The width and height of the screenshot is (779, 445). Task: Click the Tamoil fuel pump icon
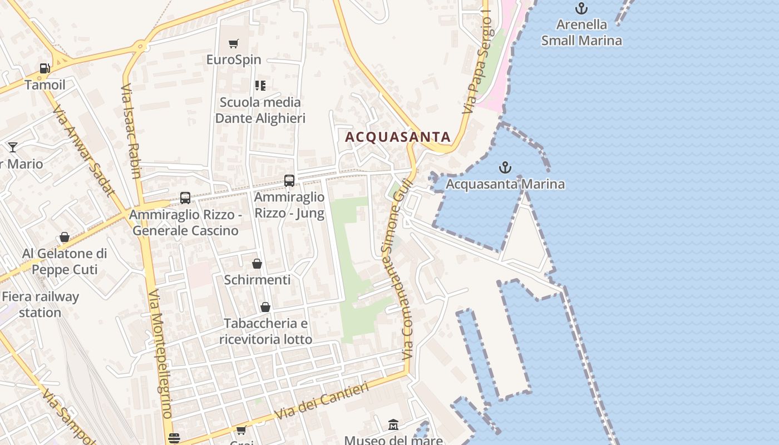point(45,68)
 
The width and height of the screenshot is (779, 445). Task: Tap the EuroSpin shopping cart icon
point(234,43)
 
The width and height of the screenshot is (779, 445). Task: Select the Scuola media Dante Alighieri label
point(260,110)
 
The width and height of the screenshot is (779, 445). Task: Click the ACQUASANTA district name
point(398,137)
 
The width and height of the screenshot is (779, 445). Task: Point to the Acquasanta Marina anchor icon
point(505,167)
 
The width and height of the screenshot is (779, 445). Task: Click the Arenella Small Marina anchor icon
point(581,8)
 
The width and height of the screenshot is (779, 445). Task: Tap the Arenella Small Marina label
point(581,32)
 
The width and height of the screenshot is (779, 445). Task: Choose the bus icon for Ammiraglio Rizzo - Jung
point(289,180)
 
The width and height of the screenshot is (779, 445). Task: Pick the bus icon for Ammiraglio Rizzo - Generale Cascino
point(185,198)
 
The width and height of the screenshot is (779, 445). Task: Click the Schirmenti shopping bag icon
point(257,264)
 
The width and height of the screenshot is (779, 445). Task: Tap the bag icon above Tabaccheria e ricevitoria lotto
point(265,307)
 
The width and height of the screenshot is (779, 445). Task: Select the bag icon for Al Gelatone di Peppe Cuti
point(65,238)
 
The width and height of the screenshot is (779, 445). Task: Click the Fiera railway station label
point(40,304)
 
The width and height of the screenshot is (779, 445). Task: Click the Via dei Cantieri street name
point(323,400)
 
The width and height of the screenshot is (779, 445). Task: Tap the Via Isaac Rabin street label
point(131,131)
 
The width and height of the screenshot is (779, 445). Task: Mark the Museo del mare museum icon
point(393,425)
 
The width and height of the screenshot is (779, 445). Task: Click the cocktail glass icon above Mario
point(13,147)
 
